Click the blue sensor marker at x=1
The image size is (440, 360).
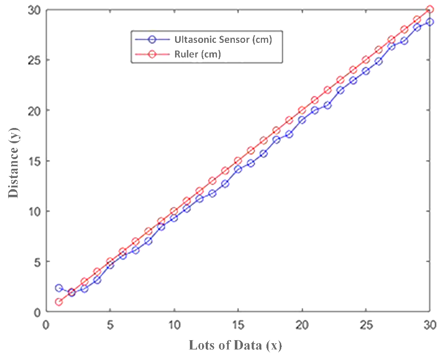[x=59, y=288]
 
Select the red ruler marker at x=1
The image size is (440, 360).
[x=59, y=302]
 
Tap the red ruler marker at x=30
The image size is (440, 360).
[x=430, y=10]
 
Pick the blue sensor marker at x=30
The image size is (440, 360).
[x=430, y=22]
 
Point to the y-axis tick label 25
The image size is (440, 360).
[x=35, y=60]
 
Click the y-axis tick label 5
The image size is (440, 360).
[x=38, y=262]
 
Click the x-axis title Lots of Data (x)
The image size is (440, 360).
[x=235, y=345]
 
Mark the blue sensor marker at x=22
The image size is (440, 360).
[x=327, y=105]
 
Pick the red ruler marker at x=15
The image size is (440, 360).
[x=238, y=161]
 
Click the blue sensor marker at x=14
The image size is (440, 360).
[x=225, y=184]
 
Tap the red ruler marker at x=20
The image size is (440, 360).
[x=302, y=110]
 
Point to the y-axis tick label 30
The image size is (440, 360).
[x=35, y=10]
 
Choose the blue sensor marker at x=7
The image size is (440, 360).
[x=135, y=250]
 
